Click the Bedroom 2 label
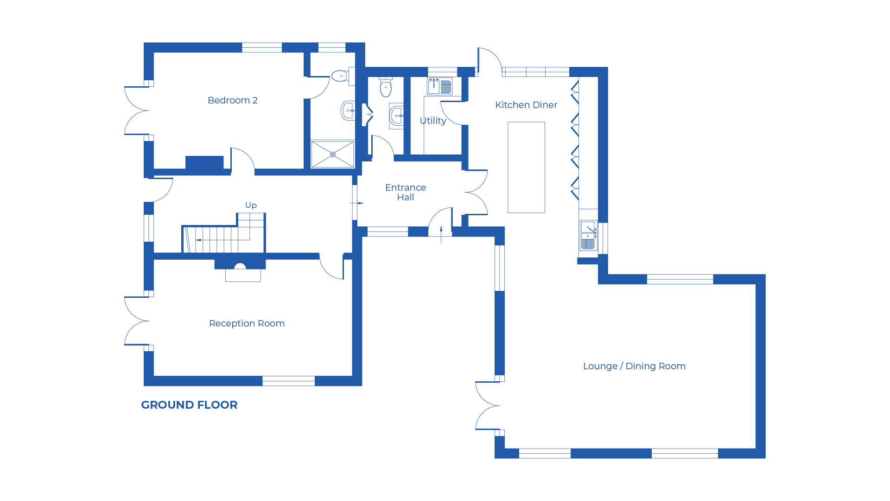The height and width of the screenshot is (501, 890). click(x=233, y=100)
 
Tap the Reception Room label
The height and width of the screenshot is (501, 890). click(x=247, y=323)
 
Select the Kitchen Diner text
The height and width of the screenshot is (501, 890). click(x=526, y=105)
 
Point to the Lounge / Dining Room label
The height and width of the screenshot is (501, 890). click(x=634, y=366)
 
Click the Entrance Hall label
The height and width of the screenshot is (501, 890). click(x=406, y=192)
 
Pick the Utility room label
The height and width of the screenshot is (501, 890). click(x=432, y=121)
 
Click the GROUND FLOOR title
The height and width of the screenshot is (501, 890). click(x=189, y=405)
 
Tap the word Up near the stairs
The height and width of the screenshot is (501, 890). click(x=251, y=205)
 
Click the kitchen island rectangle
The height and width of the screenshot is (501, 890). click(x=526, y=167)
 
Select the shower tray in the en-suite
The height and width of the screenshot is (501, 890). click(x=332, y=154)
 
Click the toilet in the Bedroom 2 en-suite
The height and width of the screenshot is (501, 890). click(x=340, y=76)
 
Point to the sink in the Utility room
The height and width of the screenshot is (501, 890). click(x=439, y=86)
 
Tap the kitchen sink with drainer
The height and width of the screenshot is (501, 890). click(x=588, y=236)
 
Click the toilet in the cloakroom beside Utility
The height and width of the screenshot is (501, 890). click(x=386, y=87)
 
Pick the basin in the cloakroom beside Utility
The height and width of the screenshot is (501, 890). click(x=396, y=116)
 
